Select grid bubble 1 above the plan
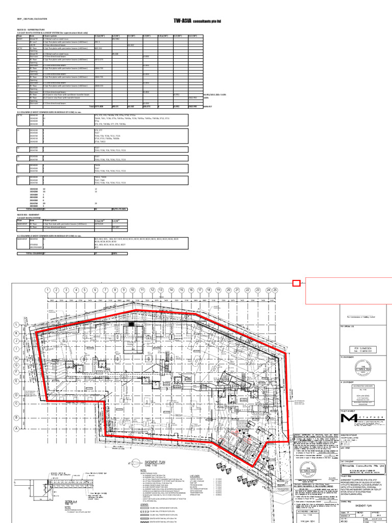click(47, 290)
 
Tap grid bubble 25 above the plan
click(275, 290)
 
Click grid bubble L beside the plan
click(16, 324)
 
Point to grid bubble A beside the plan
click(16, 429)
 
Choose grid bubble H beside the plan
click(16, 358)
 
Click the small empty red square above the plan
click(296, 283)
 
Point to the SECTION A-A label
click(69, 502)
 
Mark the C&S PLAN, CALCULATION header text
click(31, 19)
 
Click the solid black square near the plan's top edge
click(131, 324)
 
